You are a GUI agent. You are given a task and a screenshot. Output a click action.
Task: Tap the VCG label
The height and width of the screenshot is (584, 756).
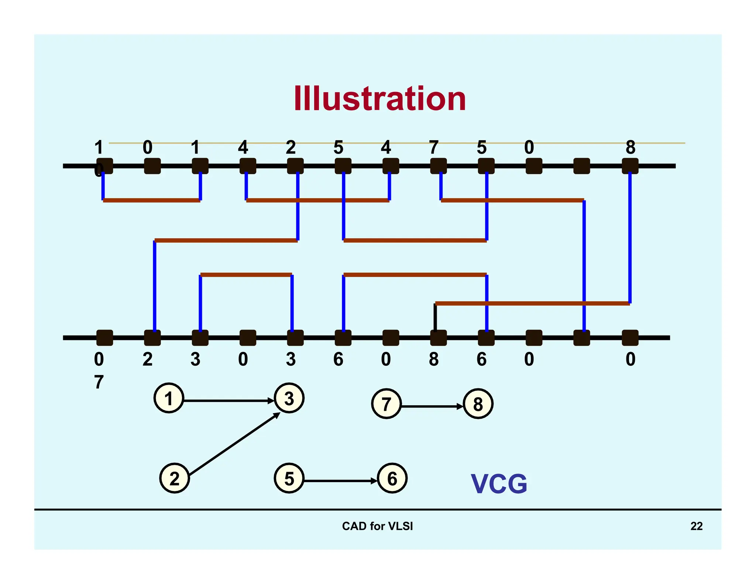click(x=499, y=484)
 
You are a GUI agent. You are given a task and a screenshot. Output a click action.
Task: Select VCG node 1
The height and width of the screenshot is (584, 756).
click(x=169, y=398)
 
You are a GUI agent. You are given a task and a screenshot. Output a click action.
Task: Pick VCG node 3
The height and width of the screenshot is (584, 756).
click(x=289, y=398)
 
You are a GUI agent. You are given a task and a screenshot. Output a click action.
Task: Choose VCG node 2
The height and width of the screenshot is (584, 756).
click(x=174, y=478)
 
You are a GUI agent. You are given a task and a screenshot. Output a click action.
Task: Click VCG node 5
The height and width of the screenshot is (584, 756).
click(x=289, y=478)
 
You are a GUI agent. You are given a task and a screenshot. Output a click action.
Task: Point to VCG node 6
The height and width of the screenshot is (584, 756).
click(x=392, y=478)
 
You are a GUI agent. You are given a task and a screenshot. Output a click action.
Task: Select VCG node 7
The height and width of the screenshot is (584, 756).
click(x=386, y=404)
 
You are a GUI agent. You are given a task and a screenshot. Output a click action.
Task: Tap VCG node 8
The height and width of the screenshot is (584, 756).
click(x=478, y=404)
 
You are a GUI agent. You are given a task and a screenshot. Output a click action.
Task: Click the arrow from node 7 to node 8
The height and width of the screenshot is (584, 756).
click(x=432, y=406)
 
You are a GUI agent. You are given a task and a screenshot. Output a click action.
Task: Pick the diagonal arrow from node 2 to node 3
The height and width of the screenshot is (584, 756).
click(x=234, y=444)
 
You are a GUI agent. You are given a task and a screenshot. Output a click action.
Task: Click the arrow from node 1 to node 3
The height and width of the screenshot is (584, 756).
click(x=229, y=401)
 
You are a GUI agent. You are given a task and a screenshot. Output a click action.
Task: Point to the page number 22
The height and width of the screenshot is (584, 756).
click(x=696, y=526)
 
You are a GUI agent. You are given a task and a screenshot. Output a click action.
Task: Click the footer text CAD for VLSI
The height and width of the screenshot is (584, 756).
click(x=377, y=526)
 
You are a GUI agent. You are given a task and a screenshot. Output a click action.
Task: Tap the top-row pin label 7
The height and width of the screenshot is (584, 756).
click(x=434, y=147)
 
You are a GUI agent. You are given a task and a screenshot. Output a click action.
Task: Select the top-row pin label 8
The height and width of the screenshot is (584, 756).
click(x=630, y=147)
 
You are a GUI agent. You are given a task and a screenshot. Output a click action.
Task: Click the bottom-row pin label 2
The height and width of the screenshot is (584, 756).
click(x=147, y=359)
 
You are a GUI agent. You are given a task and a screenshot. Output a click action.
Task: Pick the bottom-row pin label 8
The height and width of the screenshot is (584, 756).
click(x=434, y=359)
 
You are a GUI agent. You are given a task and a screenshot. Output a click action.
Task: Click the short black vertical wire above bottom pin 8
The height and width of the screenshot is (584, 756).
click(x=435, y=317)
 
